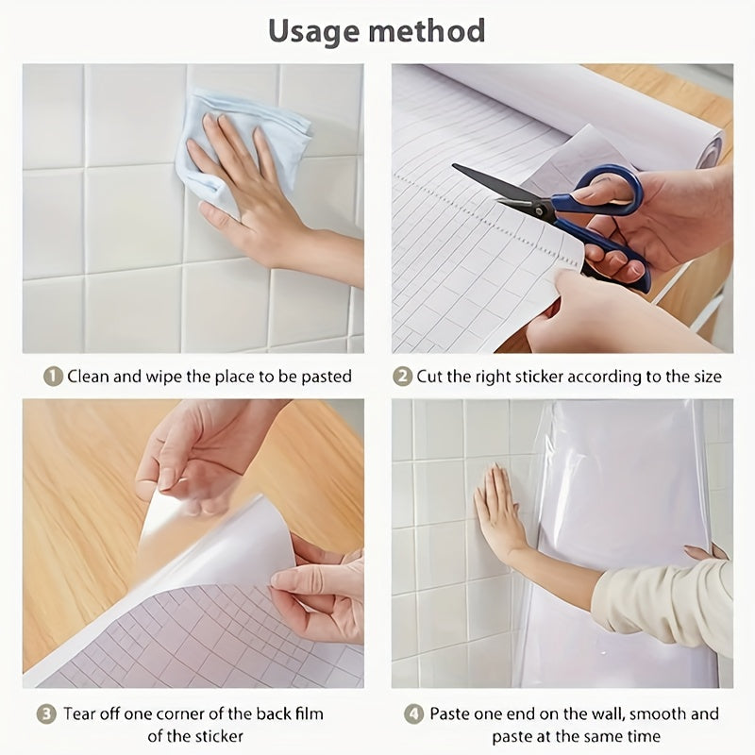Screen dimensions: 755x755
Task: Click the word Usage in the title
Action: [314, 31]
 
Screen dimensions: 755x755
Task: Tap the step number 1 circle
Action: [53, 377]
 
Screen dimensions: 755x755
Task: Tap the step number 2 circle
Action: [402, 377]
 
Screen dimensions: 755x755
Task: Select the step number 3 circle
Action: [46, 713]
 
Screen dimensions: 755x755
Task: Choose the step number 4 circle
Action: [413, 714]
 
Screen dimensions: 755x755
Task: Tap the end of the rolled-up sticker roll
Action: [711, 152]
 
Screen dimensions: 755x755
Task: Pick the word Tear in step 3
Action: [81, 713]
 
